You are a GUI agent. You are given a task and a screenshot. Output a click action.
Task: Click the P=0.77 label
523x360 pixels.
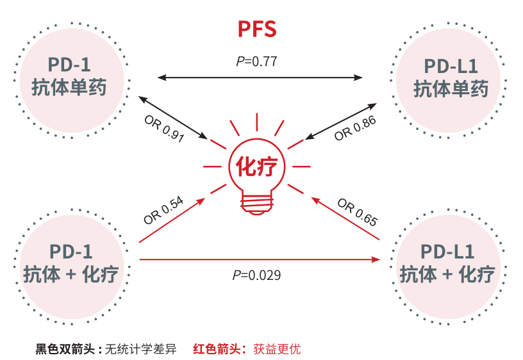click(256, 61)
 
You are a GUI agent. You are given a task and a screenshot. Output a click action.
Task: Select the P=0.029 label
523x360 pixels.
click(256, 275)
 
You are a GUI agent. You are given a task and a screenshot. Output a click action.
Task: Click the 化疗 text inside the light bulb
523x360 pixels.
click(257, 167)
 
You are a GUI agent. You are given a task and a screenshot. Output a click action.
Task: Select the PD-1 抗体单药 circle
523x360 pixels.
click(70, 78)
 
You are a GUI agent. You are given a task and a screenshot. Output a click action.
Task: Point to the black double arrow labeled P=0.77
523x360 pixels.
click(260, 78)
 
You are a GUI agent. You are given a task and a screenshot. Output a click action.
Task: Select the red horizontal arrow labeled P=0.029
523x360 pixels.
click(260, 259)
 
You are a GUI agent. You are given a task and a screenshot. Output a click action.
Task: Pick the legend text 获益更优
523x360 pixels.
click(277, 350)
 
